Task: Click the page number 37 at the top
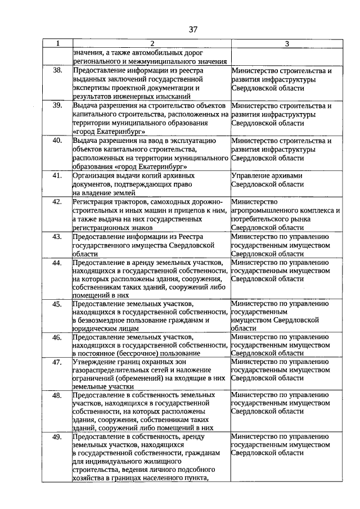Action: point(193,29)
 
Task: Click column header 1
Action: point(57,44)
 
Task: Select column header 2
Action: point(151,44)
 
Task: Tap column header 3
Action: point(287,44)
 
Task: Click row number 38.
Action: point(57,71)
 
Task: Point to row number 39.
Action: point(57,106)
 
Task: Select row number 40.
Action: point(57,141)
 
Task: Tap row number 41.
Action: point(57,175)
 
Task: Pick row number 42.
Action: point(57,201)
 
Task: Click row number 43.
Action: point(57,236)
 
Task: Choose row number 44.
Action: point(57,263)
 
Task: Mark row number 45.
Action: point(57,304)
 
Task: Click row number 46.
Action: point(57,337)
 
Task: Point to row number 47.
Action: point(57,362)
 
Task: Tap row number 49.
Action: point(57,437)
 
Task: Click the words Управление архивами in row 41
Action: point(267,175)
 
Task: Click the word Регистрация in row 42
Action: point(95,201)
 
